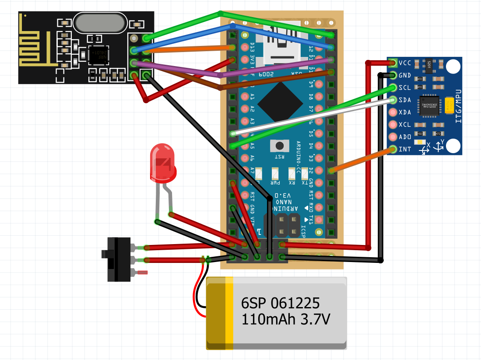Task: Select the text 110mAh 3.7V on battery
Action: click(285, 320)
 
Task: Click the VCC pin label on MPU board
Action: click(405, 63)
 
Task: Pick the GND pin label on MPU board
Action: click(405, 75)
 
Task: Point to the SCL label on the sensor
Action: click(405, 87)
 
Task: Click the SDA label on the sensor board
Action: click(405, 99)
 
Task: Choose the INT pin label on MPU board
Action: click(405, 149)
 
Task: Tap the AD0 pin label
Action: click(405, 137)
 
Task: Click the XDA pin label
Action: click(405, 112)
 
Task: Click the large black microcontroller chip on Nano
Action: click(280, 103)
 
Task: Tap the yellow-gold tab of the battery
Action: click(229, 313)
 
